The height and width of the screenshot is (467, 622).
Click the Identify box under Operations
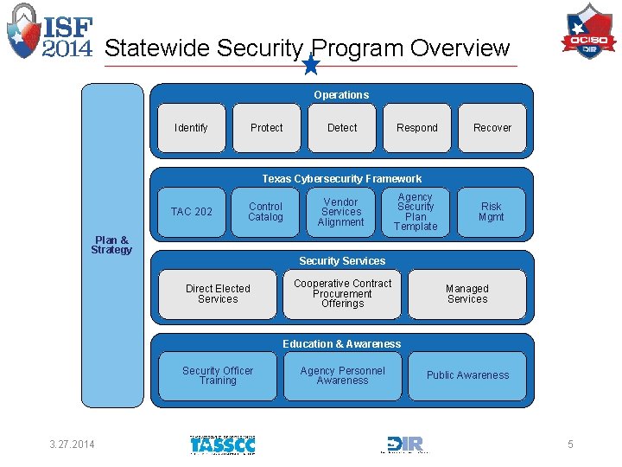pos(191,128)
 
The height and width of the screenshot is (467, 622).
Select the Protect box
pos(266,128)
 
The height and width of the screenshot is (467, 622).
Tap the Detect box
pos(342,128)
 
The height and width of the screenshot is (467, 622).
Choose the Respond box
pos(417,128)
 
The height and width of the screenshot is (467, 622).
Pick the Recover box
pos(492,128)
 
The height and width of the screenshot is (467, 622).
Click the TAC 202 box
pos(191,212)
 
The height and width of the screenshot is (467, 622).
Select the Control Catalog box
pos(266,212)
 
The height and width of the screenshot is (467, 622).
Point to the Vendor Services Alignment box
pos(341,212)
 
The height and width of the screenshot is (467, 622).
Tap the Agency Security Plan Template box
pos(416,212)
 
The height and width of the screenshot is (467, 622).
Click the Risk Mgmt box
pos(492,212)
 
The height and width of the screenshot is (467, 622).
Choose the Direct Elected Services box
pos(218,294)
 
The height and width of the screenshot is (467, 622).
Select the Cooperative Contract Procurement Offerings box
pos(342,294)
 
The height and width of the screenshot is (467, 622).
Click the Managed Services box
pos(467,294)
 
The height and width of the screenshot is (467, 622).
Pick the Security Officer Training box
pos(218,375)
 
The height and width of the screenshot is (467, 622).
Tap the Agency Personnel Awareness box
pos(342,375)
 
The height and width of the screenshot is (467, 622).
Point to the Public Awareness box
pos(467,375)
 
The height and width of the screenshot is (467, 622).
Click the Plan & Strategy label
pos(112,246)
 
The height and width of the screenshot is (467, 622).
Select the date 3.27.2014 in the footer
pos(73,445)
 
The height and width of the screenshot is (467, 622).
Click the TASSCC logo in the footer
pos(222,445)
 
